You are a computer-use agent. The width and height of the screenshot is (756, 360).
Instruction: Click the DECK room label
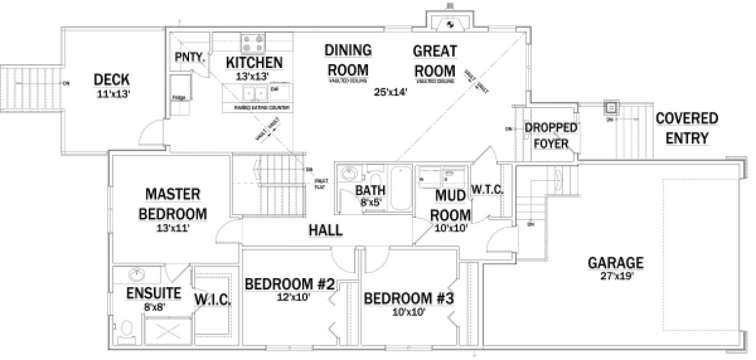pos(111,79)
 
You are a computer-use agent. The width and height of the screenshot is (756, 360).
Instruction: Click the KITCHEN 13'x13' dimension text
pos(254,76)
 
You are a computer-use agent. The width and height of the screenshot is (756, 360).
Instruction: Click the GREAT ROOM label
pos(434,61)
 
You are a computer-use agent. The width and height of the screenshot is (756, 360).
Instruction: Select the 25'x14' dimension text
pos(391,91)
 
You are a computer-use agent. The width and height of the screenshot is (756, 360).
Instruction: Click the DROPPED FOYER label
pos(550,135)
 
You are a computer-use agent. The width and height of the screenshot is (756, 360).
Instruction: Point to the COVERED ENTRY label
pos(686,128)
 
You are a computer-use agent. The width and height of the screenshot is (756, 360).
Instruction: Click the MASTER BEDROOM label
pos(173,203)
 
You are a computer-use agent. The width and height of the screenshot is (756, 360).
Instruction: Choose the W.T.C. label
pos(489,190)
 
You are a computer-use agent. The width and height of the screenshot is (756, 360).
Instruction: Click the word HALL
pos(325,231)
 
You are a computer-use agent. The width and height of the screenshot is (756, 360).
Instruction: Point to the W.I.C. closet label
pos(213,299)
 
